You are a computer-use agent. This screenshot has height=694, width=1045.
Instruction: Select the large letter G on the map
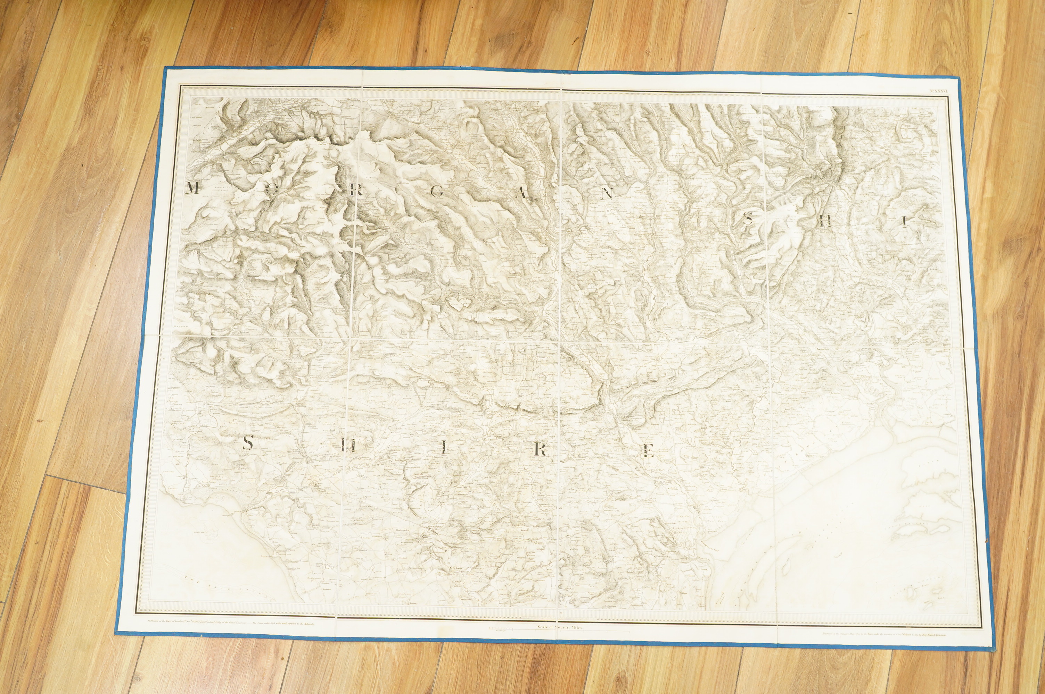(x=436, y=192)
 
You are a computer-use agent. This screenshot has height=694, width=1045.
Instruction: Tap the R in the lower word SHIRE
(x=540, y=450)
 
